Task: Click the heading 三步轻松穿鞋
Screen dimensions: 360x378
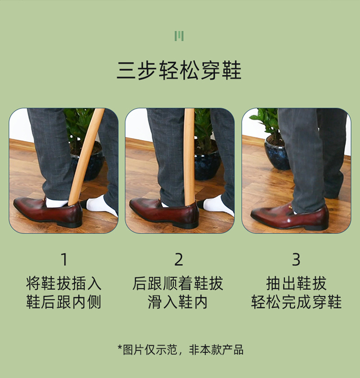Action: [179, 70]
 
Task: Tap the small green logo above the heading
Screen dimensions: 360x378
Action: [179, 36]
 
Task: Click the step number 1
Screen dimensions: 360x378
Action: [64, 260]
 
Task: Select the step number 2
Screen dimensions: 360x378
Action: [179, 260]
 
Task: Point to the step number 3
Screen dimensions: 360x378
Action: [296, 260]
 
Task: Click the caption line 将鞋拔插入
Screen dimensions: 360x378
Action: [63, 283]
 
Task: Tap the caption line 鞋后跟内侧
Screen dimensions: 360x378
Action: [63, 302]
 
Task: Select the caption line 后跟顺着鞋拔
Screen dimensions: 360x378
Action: [178, 283]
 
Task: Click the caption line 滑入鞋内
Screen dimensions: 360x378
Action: [178, 302]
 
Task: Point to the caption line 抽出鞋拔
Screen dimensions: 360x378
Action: [297, 283]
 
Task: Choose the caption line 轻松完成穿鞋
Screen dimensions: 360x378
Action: [297, 302]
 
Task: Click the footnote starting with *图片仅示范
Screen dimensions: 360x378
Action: [180, 350]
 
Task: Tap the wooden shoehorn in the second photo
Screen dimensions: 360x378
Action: [189, 157]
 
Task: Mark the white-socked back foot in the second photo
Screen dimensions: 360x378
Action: [216, 205]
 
